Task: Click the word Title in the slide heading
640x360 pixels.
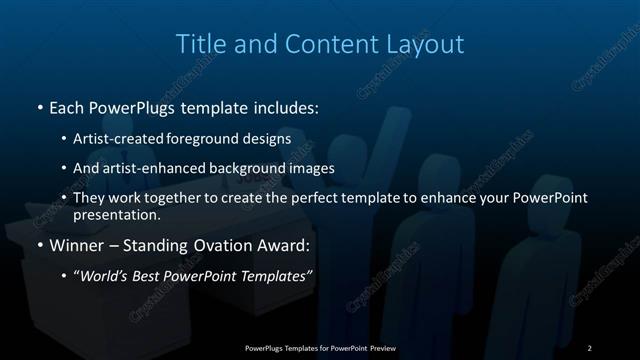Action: [200, 44]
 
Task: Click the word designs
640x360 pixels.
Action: [269, 138]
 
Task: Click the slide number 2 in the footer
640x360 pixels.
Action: [589, 347]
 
